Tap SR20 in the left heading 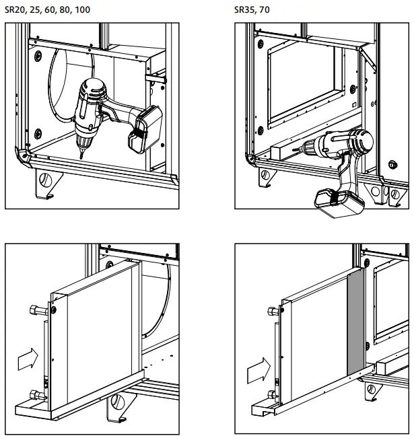click(15, 10)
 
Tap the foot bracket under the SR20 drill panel click(47, 183)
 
